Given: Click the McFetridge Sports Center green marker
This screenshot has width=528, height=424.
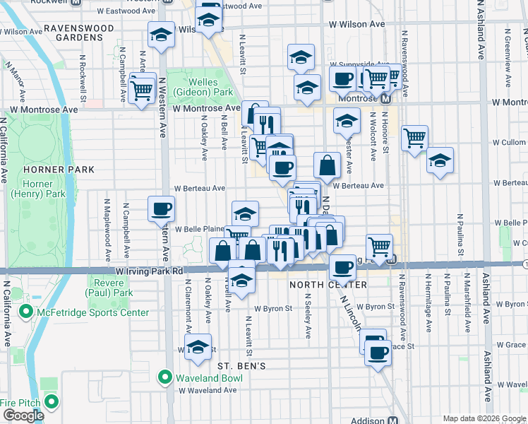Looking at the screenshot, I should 26,312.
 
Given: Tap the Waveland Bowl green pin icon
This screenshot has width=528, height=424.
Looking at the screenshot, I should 167,377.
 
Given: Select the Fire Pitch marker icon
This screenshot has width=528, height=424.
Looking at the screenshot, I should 50,403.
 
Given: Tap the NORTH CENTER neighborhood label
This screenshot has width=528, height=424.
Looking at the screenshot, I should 318,285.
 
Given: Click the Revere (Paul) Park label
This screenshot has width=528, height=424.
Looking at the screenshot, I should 109,287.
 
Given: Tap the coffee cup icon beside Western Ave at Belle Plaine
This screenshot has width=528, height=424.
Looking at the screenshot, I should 161,208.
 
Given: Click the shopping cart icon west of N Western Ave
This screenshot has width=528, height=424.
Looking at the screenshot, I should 143,90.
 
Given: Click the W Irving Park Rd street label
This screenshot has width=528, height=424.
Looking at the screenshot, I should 145,271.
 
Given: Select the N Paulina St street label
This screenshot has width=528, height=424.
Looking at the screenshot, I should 459,234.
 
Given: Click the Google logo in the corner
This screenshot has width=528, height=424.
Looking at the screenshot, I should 23,416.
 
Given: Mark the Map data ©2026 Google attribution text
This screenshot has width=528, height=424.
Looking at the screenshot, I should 484,418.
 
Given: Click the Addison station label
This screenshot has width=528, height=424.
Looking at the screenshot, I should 368,420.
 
